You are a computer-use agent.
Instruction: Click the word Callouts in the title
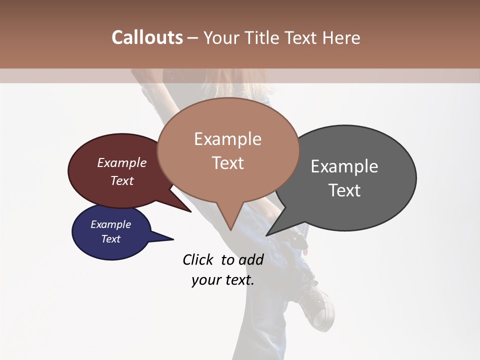click(x=147, y=37)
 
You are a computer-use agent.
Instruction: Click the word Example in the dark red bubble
click(x=121, y=163)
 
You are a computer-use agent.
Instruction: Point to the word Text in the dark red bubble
click(x=121, y=180)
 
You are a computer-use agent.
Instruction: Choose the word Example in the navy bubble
click(x=110, y=224)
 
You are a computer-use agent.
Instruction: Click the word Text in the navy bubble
click(x=110, y=239)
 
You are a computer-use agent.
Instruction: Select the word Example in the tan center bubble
click(x=227, y=139)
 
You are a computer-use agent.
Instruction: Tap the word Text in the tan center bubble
click(x=227, y=163)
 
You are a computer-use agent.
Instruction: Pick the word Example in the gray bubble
click(x=344, y=166)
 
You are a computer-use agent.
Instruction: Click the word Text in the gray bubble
click(x=344, y=190)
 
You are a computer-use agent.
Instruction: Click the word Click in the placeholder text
click(x=197, y=259)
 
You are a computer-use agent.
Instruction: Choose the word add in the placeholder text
click(x=251, y=259)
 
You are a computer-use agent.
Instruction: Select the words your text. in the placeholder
click(x=222, y=280)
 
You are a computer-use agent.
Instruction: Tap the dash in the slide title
click(x=193, y=37)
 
